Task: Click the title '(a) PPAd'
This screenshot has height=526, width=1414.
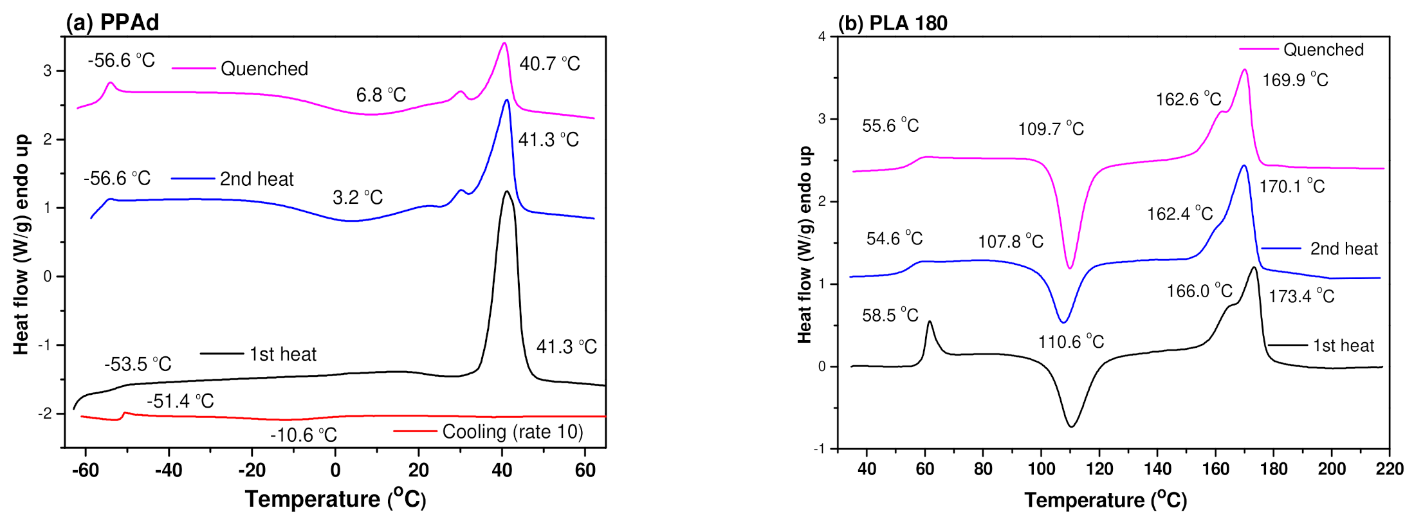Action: click(x=113, y=23)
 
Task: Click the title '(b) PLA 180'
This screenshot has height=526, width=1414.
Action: click(x=892, y=23)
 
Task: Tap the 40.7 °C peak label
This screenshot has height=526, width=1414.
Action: click(x=549, y=64)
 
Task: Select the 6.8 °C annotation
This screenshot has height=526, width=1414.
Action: click(x=381, y=95)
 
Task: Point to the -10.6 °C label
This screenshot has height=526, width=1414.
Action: click(x=303, y=435)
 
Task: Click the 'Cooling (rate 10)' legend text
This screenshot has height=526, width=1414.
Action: click(x=513, y=431)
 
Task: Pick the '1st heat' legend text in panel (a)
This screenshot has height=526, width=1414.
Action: click(x=283, y=354)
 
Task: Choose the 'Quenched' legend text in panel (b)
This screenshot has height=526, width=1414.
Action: click(x=1323, y=50)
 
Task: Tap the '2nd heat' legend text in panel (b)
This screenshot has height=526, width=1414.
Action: click(x=1344, y=249)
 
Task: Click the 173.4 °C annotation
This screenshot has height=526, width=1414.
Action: click(x=1301, y=296)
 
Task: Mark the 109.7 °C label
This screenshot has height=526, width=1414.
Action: click(x=1051, y=129)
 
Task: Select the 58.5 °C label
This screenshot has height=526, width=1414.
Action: click(x=890, y=315)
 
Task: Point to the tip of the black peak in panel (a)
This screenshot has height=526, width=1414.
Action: click(x=507, y=192)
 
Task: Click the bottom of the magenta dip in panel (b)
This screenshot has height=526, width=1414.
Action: click(x=1070, y=268)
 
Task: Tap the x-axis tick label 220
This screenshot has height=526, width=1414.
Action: click(x=1390, y=469)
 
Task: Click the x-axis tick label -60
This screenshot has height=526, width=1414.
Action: click(x=85, y=470)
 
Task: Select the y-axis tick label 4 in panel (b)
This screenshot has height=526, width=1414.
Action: click(x=822, y=37)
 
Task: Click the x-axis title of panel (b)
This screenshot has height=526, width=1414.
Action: click(x=1105, y=500)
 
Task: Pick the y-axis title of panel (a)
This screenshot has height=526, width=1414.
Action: click(x=21, y=244)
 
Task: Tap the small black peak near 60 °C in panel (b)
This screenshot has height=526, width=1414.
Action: click(x=929, y=322)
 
